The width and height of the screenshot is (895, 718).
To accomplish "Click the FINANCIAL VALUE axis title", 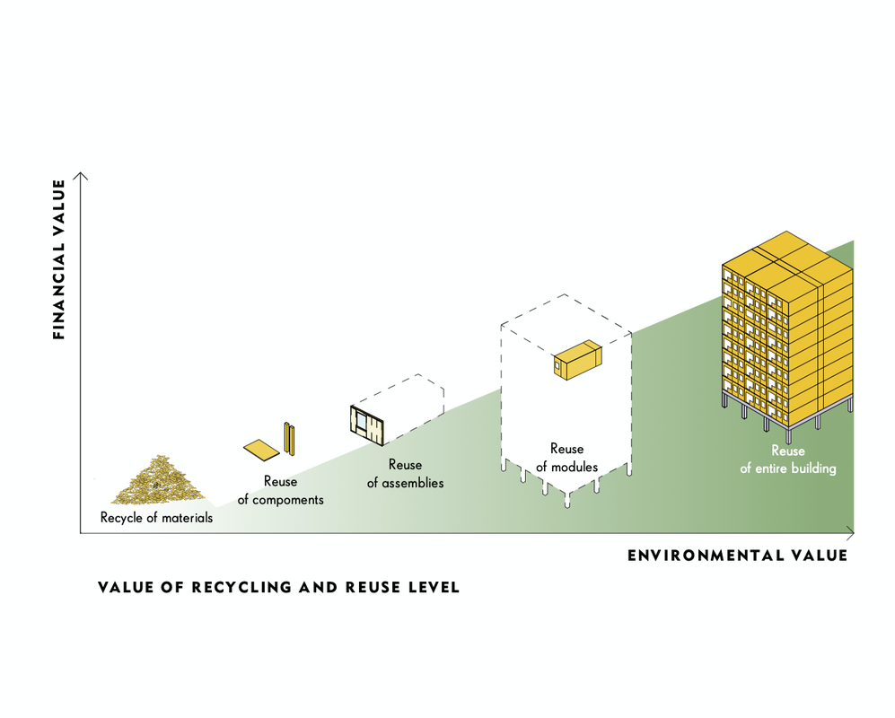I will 59,259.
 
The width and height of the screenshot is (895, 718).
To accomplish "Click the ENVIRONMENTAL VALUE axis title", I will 737,556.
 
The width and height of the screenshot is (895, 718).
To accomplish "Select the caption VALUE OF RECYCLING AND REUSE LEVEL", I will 278,588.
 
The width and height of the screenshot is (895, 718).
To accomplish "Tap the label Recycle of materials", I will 156,517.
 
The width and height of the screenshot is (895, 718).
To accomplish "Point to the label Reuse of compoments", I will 280,491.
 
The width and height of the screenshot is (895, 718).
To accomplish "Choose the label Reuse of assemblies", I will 405,474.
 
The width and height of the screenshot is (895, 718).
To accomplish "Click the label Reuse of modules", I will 566,458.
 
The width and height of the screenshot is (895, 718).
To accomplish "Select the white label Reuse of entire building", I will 787,460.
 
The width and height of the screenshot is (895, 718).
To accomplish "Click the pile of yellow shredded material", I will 158,479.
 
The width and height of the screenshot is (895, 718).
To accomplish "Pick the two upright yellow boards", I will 290,437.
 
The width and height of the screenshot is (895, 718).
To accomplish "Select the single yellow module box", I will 577,359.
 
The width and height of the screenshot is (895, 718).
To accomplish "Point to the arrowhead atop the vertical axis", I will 81,174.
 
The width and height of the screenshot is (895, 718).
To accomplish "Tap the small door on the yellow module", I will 558,365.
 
